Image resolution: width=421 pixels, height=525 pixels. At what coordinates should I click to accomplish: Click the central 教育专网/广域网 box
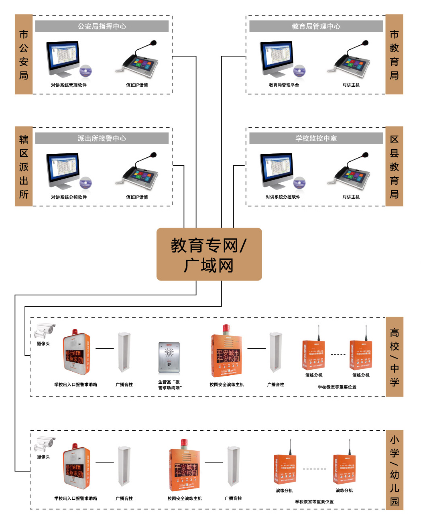[209, 254]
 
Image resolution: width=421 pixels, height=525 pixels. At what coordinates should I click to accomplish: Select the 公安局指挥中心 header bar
[102, 26]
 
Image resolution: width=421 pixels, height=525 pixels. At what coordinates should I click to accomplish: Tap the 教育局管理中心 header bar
[316, 26]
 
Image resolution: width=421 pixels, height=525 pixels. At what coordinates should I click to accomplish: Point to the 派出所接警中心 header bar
[102, 138]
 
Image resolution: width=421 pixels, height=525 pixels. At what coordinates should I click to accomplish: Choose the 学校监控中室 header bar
[316, 138]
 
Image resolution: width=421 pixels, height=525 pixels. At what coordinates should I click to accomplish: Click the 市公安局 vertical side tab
[24, 55]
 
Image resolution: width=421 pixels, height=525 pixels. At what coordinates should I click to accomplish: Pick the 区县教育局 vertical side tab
[394, 167]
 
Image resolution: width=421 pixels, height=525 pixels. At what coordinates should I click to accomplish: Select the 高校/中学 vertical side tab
[394, 357]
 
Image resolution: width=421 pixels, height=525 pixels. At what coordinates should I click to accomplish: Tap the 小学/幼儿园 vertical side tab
[394, 470]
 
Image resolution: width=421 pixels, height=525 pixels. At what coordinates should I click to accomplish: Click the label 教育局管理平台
[284, 85]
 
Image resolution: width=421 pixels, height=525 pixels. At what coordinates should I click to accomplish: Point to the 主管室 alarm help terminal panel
[169, 358]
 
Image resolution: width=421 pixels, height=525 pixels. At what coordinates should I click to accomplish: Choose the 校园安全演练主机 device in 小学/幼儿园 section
[184, 466]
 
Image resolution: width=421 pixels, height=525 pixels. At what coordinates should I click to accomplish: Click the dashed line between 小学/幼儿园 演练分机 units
[314, 469]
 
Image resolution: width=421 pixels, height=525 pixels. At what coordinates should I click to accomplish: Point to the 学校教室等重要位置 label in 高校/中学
[337, 387]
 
